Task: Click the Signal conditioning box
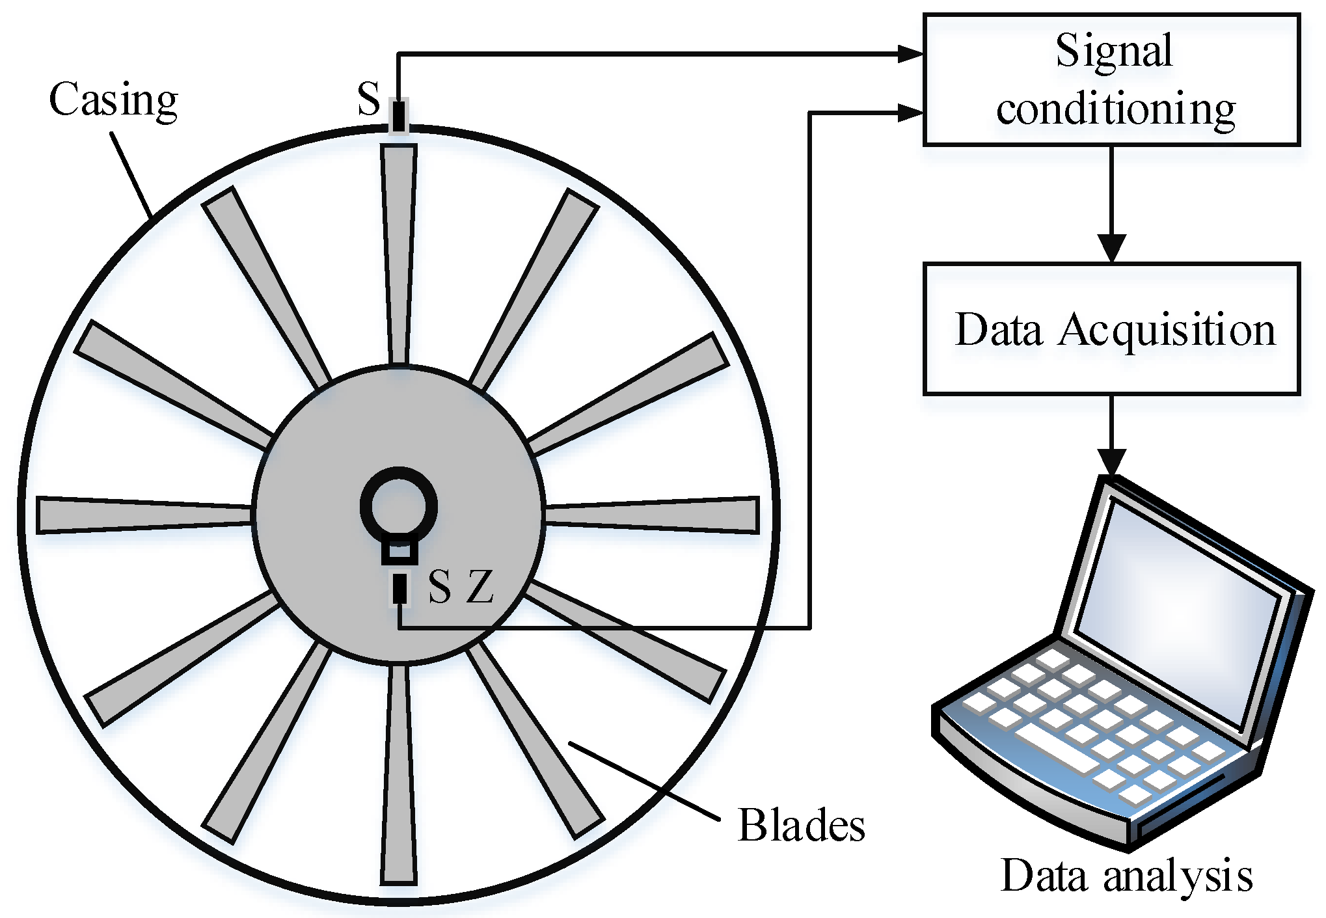1111,79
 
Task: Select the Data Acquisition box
1111,329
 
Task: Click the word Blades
801,825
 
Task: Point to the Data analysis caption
1126,875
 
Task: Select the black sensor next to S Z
399,589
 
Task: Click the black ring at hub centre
399,507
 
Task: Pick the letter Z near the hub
481,587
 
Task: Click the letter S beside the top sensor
369,99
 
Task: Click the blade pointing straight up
398,254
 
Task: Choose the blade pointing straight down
398,774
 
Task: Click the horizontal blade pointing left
143,515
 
